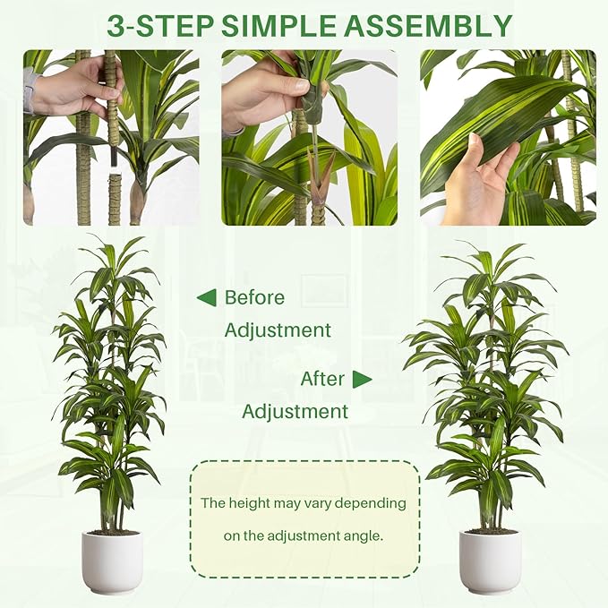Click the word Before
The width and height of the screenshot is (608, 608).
254,297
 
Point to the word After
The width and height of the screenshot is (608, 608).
322,379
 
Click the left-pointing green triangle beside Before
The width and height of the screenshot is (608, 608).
206,297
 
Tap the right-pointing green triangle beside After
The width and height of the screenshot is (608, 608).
362,379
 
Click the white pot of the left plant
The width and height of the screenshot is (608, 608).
112,561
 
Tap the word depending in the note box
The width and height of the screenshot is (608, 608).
371,503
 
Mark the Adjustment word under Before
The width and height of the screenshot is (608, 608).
278,330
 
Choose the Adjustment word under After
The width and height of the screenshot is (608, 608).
295,412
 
